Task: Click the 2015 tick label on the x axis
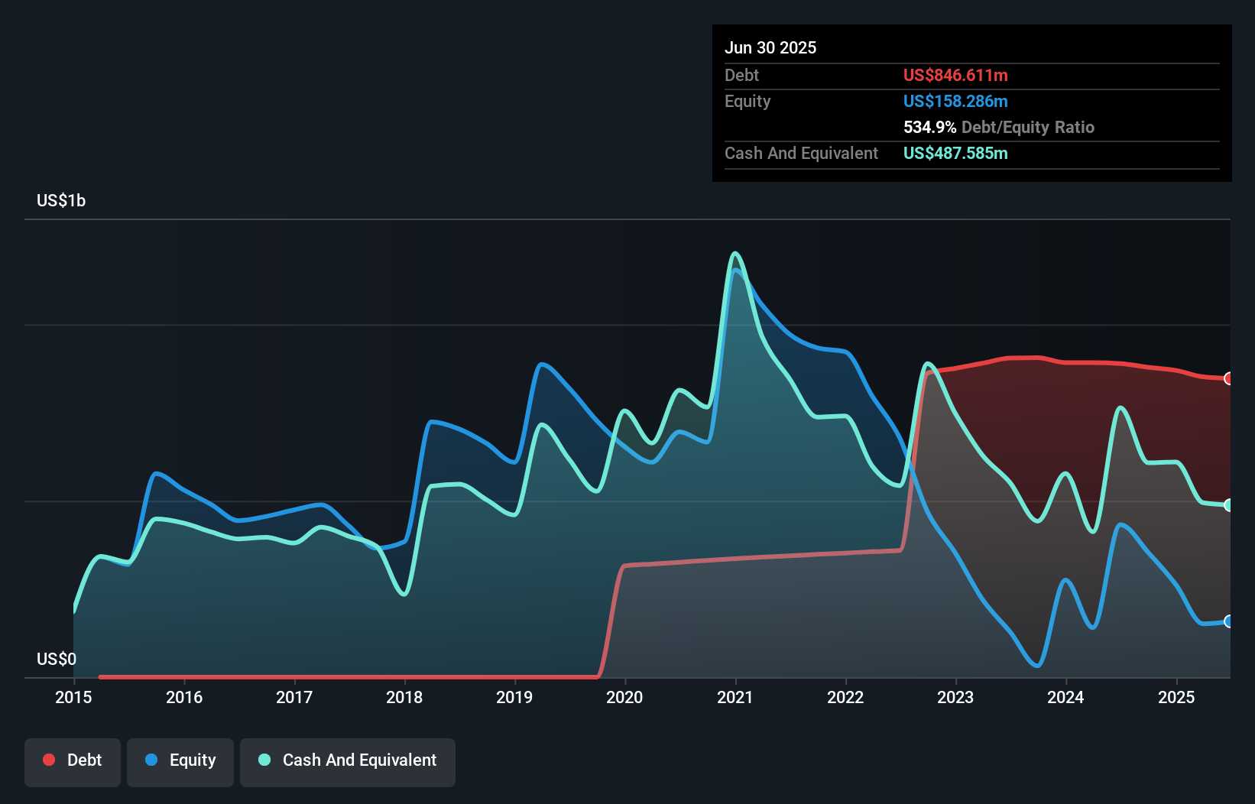tap(73, 697)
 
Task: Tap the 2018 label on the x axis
tap(404, 697)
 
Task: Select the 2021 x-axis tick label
tap(735, 697)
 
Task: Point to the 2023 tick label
tap(955, 697)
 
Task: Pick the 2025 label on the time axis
tap(1176, 697)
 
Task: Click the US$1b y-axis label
tap(61, 200)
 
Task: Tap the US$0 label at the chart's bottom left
tap(57, 659)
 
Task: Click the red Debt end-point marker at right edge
tap(1228, 378)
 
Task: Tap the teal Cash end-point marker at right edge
tap(1228, 505)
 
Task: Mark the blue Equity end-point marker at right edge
tap(1228, 621)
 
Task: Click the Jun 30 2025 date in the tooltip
tap(770, 47)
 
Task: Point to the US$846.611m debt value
tap(955, 75)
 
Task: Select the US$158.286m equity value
tap(955, 101)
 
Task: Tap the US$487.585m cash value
tap(955, 153)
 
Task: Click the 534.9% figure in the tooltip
tap(929, 127)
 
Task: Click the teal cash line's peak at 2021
tap(735, 253)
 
